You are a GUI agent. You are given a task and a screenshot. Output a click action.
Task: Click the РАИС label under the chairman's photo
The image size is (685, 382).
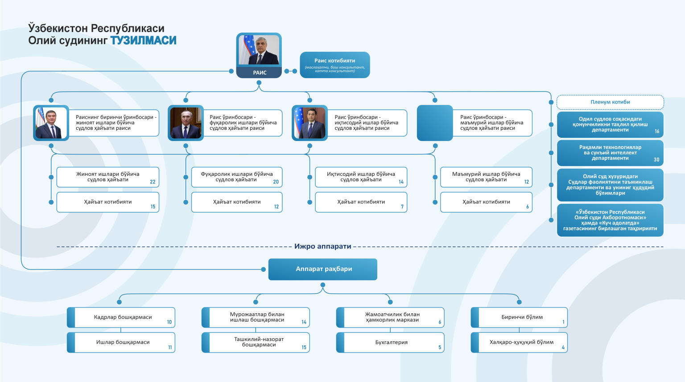260,72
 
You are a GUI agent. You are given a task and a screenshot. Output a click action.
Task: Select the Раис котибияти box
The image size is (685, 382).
334,65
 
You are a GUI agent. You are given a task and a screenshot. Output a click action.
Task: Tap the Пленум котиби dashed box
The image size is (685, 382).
610,102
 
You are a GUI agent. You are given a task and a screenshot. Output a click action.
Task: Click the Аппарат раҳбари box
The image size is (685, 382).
323,269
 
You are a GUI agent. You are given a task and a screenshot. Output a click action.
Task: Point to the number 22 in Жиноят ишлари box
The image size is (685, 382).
153,182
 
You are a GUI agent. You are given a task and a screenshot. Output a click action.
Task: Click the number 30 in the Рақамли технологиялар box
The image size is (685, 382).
656,160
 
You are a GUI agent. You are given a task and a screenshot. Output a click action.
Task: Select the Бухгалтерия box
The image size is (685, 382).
391,343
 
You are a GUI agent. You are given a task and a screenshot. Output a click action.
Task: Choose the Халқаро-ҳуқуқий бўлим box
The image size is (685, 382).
521,343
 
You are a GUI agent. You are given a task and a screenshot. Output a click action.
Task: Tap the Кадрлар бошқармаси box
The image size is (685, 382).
123,317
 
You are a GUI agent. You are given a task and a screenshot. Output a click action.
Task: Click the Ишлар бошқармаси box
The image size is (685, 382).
123,343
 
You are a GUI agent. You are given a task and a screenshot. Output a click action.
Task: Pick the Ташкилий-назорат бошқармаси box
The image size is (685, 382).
258,342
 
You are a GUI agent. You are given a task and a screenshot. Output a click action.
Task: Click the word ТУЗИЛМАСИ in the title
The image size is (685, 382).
143,41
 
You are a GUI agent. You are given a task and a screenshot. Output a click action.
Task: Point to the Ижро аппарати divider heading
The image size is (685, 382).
323,246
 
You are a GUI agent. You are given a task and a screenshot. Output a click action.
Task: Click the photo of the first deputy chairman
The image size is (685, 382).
51,123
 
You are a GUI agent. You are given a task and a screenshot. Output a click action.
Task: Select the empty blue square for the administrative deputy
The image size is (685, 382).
434,123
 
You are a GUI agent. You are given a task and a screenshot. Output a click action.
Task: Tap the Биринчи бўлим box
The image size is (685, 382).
522,317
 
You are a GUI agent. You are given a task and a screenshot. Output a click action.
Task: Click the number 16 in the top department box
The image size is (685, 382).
656,132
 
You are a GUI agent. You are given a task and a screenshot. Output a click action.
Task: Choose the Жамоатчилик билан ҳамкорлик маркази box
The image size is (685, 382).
392,317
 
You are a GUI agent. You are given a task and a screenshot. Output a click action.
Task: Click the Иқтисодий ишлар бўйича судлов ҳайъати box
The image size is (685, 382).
361,177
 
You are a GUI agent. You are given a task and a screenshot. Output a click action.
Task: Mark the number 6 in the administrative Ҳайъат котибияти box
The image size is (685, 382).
527,207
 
